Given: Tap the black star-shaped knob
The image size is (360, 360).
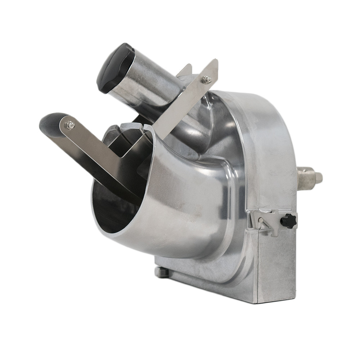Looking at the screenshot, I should tap(288, 221).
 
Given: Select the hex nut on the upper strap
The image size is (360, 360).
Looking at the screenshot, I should tap(206, 80).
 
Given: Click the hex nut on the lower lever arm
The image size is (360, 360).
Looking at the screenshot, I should tap(70, 125).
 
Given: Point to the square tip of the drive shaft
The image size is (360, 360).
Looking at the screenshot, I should tap(318, 177).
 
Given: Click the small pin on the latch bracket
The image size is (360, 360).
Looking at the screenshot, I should tap(260, 220).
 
